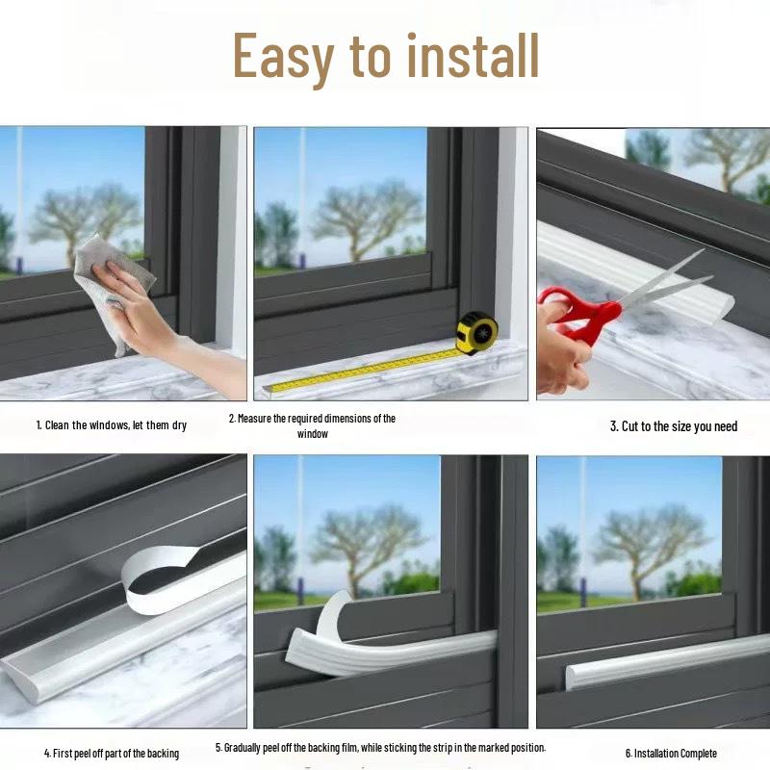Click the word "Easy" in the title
284,58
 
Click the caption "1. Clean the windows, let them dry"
112,424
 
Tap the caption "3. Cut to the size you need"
674,426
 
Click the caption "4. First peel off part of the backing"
112,753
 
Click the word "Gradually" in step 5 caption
246,747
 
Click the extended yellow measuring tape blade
366,370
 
